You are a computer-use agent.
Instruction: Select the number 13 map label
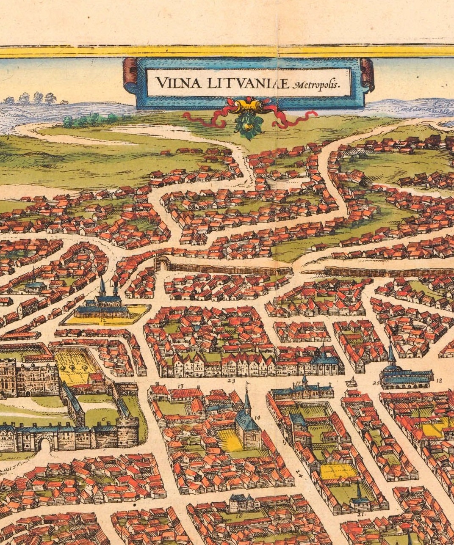point(180,386)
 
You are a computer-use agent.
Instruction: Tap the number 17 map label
point(298,384)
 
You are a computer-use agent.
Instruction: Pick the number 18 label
point(438,381)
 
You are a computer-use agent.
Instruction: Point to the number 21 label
point(361,514)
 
